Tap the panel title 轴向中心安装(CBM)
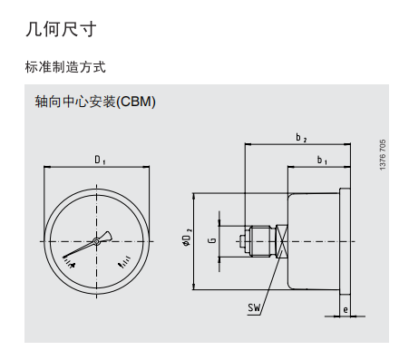[x=94, y=102]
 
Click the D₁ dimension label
[x=100, y=161]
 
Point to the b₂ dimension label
[x=301, y=138]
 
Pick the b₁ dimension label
[x=322, y=161]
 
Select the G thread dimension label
[x=211, y=241]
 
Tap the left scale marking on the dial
[x=69, y=262]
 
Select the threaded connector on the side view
[x=261, y=241]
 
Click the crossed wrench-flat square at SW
[x=283, y=241]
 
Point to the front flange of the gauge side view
[x=345, y=241]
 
